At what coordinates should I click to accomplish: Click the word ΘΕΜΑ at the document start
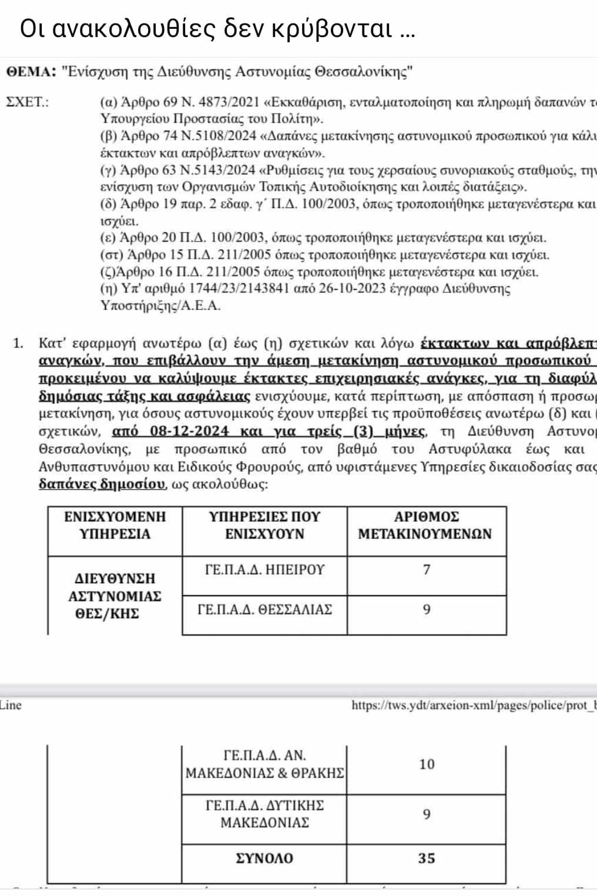[x=28, y=72]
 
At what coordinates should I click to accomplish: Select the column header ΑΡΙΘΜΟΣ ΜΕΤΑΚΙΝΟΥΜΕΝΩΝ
[x=425, y=526]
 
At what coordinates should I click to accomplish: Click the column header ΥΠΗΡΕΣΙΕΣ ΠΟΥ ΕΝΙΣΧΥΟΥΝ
[x=265, y=526]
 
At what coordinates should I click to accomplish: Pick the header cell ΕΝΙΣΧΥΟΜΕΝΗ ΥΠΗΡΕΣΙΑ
[x=115, y=526]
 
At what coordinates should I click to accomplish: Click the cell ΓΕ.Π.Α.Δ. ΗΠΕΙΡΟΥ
[x=265, y=570]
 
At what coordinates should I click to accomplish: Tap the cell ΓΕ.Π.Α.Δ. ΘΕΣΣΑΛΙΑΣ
[x=265, y=610]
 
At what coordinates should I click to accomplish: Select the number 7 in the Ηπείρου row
[x=427, y=570]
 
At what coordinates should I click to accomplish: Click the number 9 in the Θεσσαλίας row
[x=427, y=610]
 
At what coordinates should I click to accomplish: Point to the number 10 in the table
[x=427, y=764]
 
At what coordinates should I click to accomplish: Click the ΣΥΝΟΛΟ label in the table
[x=264, y=858]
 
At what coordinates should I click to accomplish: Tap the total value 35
[x=427, y=858]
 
